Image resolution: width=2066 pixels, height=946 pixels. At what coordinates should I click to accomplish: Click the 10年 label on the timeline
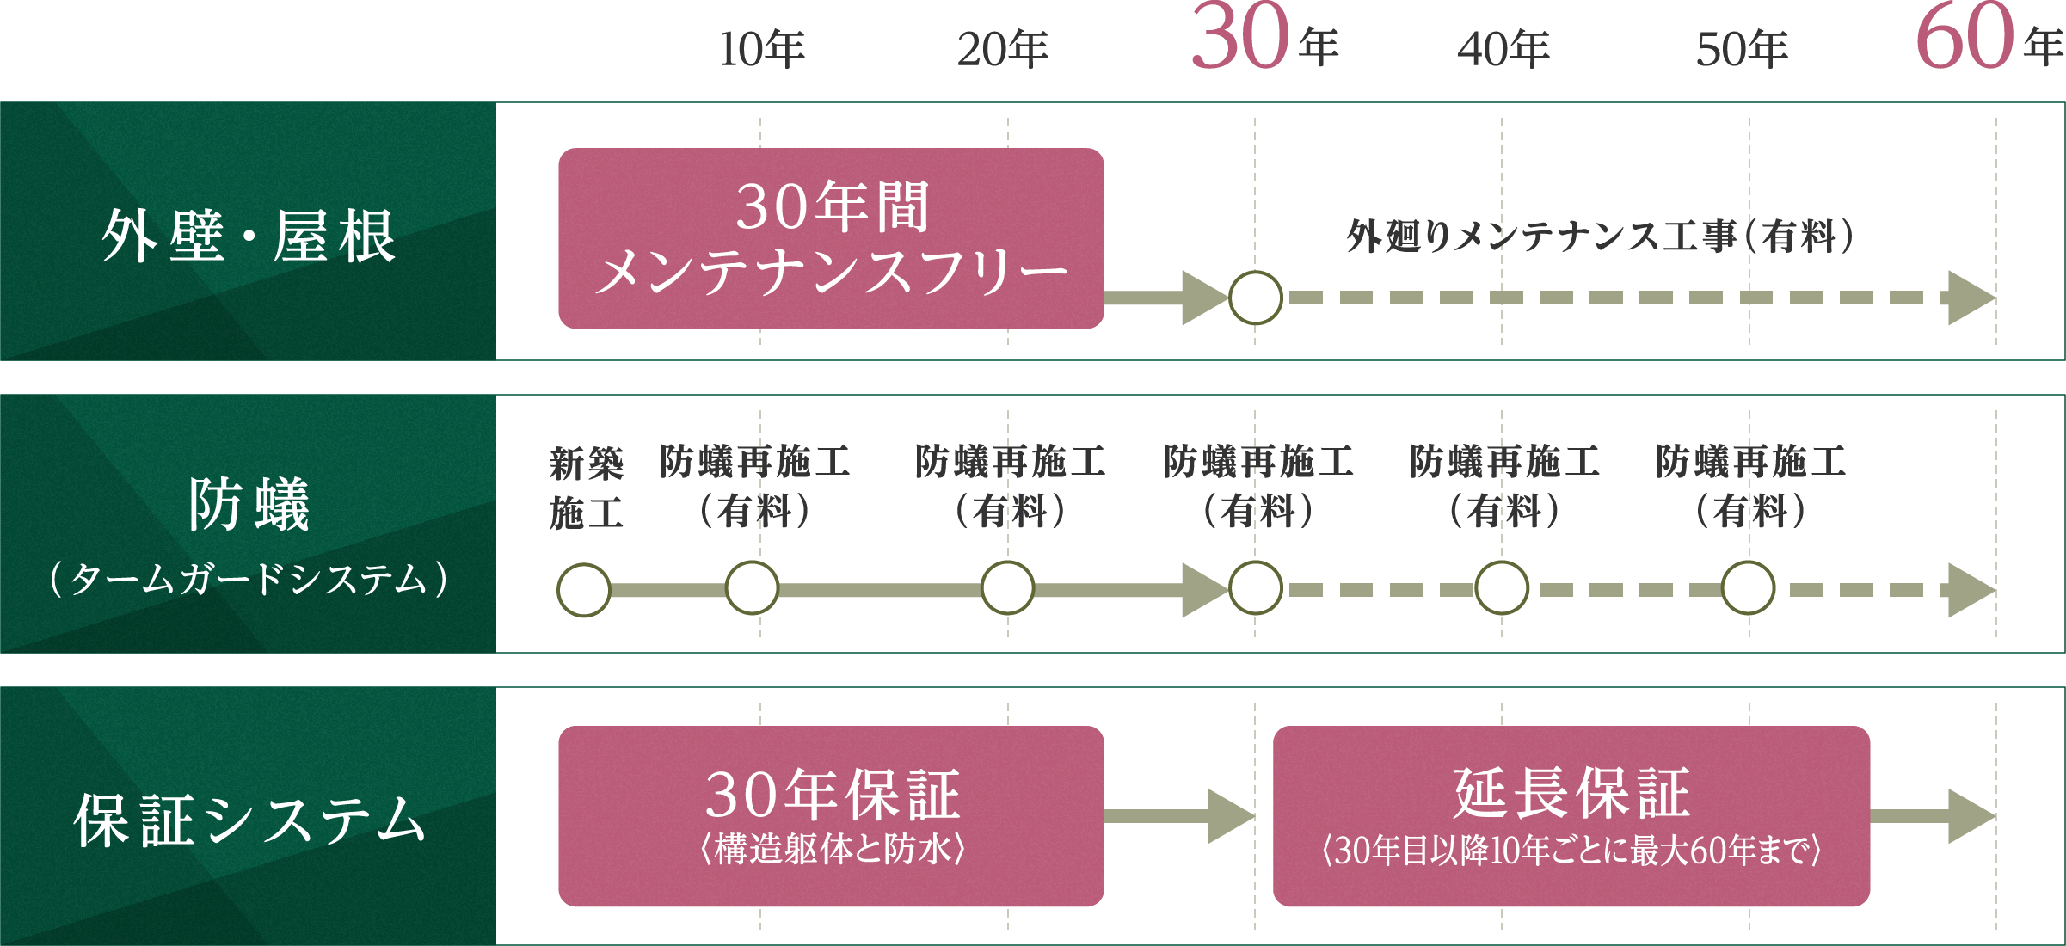click(761, 49)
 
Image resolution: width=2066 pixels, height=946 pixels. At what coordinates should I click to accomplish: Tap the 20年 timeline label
click(1003, 49)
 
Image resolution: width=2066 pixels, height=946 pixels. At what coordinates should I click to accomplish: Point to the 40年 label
click(1503, 49)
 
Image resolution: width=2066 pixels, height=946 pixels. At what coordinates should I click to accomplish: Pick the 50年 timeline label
click(1742, 49)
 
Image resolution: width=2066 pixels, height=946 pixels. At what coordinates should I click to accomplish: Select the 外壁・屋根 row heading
click(248, 236)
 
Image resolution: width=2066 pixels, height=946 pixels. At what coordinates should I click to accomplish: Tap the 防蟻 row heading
click(248, 506)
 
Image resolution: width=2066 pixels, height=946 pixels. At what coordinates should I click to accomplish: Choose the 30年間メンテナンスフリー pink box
click(831, 238)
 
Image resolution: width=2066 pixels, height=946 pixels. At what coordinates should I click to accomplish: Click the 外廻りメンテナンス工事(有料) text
click(1600, 236)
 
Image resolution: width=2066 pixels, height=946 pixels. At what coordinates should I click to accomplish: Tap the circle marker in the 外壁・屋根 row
click(1256, 298)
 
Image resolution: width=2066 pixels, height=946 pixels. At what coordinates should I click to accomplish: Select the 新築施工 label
click(586, 488)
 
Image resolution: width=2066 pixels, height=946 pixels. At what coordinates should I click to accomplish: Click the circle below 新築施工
click(584, 590)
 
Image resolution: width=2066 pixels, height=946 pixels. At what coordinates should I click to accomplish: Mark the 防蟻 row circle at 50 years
click(1748, 588)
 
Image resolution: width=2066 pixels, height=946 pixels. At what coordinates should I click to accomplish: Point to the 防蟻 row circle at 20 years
click(1007, 588)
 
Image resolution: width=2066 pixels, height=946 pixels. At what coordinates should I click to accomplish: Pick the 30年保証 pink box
click(831, 816)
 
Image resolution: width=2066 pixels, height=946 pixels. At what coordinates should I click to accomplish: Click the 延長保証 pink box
click(1571, 816)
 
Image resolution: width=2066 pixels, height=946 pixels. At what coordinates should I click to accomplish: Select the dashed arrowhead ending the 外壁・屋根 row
click(1970, 298)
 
